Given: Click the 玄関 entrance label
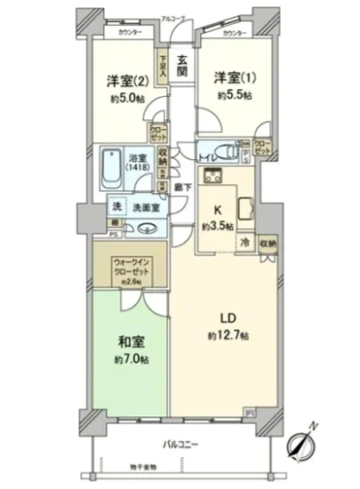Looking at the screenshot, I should [x=181, y=64].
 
